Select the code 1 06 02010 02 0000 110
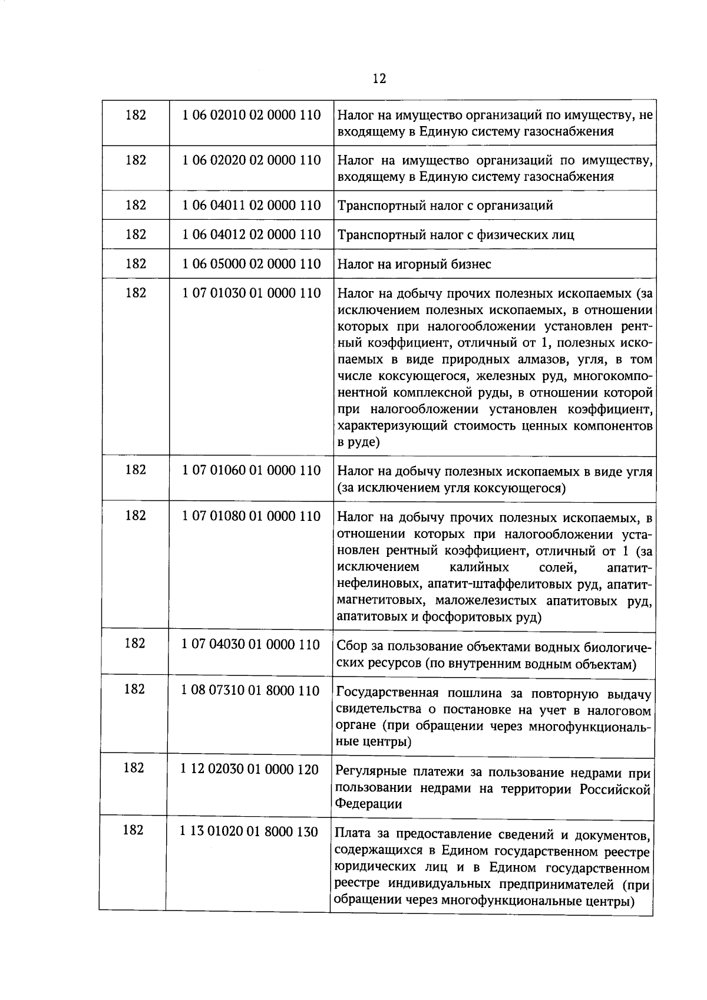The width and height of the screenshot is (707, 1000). coord(252,114)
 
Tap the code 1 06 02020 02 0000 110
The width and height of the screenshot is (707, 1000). coord(252,160)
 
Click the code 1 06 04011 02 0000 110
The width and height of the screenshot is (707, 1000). coord(252,205)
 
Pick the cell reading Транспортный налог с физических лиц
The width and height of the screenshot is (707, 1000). coord(455,235)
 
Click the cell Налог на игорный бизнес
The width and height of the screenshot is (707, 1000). coord(414,265)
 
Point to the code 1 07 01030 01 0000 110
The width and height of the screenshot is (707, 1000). coord(252,293)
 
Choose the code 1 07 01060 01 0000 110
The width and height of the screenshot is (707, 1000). coord(252,470)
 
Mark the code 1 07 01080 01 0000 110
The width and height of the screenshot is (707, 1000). coord(252,516)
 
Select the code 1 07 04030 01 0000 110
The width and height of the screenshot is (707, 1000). coord(251,644)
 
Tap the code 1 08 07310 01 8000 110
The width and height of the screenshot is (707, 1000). coord(250,690)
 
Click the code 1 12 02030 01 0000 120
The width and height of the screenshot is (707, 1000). coord(250,769)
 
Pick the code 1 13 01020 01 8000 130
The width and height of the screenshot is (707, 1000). coord(249,831)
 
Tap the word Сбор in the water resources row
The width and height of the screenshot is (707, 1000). coord(352,647)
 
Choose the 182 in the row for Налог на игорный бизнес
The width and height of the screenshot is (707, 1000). coord(136,263)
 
